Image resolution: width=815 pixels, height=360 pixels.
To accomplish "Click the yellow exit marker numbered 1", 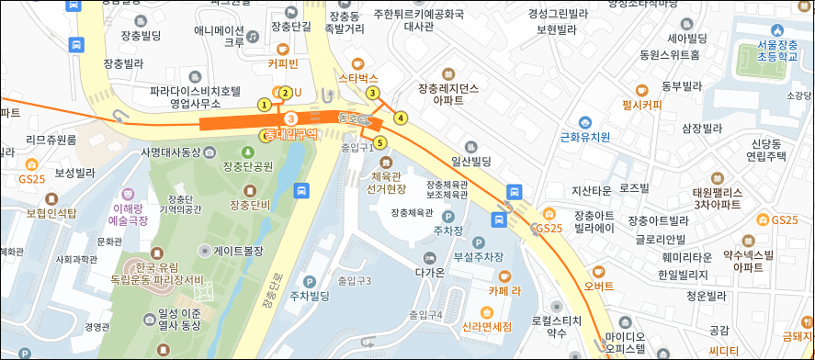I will click(x=265, y=105).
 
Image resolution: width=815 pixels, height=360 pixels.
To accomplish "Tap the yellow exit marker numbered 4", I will click(x=400, y=118).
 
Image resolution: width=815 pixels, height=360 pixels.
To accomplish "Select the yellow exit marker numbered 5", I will click(x=379, y=141).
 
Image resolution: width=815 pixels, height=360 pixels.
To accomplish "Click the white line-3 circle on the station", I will click(x=290, y=118).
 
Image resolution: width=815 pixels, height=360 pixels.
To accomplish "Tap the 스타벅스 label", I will click(x=358, y=79).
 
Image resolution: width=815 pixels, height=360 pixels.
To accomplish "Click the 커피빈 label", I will click(x=283, y=64).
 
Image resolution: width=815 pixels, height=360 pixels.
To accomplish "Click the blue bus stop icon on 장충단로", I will click(x=300, y=190).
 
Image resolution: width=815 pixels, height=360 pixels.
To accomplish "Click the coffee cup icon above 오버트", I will click(x=598, y=271).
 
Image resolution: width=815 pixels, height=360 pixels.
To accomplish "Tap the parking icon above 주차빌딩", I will click(x=309, y=281).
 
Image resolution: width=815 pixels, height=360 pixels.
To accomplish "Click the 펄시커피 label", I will click(x=641, y=105).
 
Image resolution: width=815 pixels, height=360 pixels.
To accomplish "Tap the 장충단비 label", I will click(x=250, y=205).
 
